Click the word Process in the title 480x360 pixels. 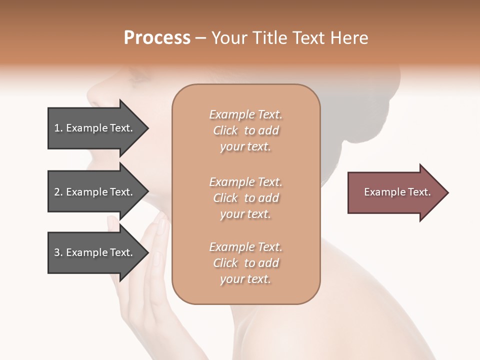click(x=157, y=37)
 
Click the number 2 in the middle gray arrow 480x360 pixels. click(x=57, y=192)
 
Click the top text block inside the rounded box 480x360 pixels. click(x=245, y=130)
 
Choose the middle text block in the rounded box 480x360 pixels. click(x=245, y=198)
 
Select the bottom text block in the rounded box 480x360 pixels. click(x=245, y=263)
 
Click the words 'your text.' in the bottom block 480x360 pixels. click(x=245, y=279)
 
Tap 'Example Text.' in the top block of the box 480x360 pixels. click(x=245, y=114)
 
